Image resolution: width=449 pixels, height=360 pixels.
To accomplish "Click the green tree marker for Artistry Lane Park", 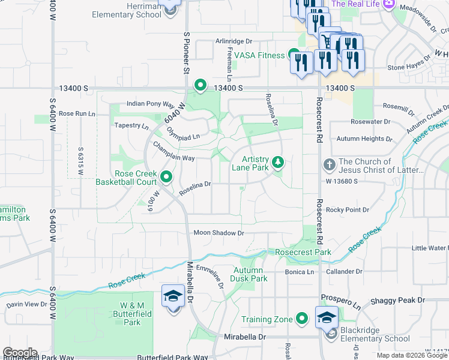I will pos(277,162).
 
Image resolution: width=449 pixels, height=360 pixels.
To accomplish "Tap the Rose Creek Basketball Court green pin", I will pos(166,177).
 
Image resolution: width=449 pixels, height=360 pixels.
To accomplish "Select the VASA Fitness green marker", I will pos(294,55).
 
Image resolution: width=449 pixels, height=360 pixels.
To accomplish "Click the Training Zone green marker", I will pos(302,319).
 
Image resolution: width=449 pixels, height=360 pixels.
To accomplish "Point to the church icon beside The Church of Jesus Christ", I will pos(329,164).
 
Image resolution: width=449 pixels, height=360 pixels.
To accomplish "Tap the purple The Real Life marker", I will pos(388,4).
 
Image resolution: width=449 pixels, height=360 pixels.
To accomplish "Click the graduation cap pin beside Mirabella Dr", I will pos(173,296).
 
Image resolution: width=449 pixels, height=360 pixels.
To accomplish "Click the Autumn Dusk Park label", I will pos(250,274).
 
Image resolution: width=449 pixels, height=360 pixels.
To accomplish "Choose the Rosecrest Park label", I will pos(303,253).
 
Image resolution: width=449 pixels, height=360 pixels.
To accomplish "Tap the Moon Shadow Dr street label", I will pos(218,233).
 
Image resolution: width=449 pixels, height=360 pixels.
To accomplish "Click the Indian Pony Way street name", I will pos(150,104).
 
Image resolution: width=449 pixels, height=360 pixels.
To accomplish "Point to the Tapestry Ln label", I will pos(131,126).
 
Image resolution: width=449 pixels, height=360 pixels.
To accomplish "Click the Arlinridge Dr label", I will pos(234,42).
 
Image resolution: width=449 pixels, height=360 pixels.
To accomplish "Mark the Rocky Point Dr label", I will pos(348,209).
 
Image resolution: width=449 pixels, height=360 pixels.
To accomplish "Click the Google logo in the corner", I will pos(20,353).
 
